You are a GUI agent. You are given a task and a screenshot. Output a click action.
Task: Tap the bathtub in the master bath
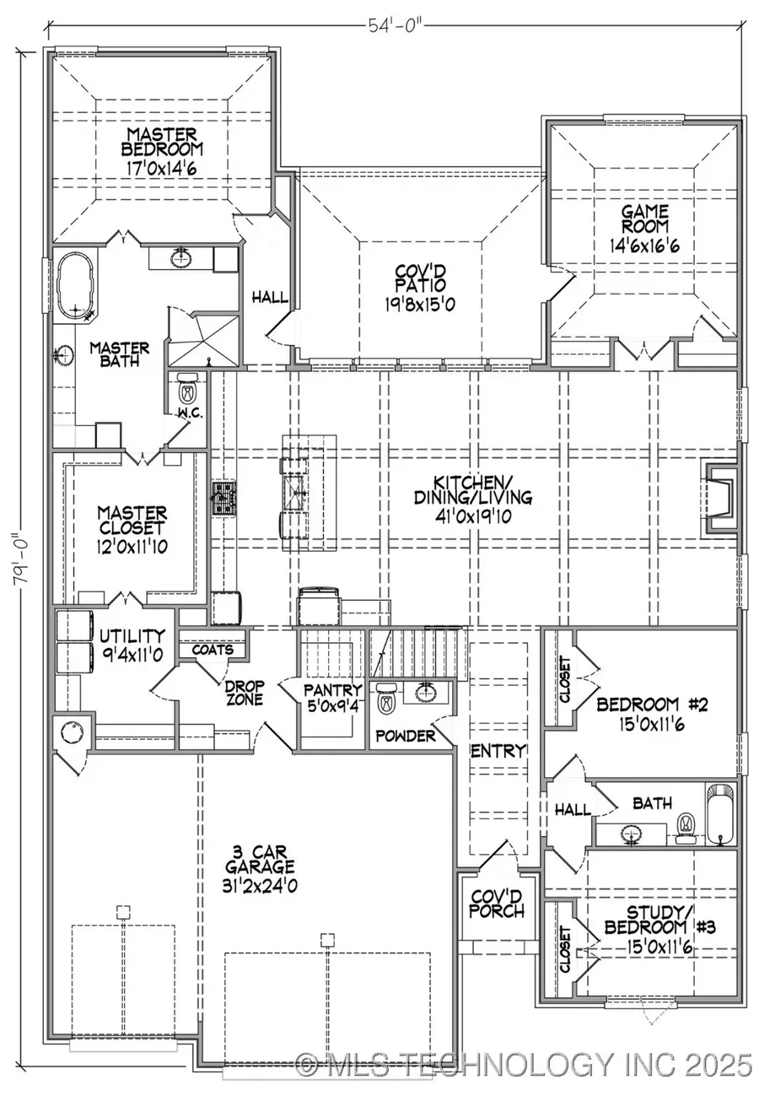click(x=78, y=288)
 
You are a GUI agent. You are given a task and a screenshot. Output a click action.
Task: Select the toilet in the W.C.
click(x=187, y=392)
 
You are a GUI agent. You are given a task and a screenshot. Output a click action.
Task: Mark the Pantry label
click(x=333, y=689)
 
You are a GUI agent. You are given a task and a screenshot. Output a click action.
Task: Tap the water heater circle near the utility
click(x=71, y=732)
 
